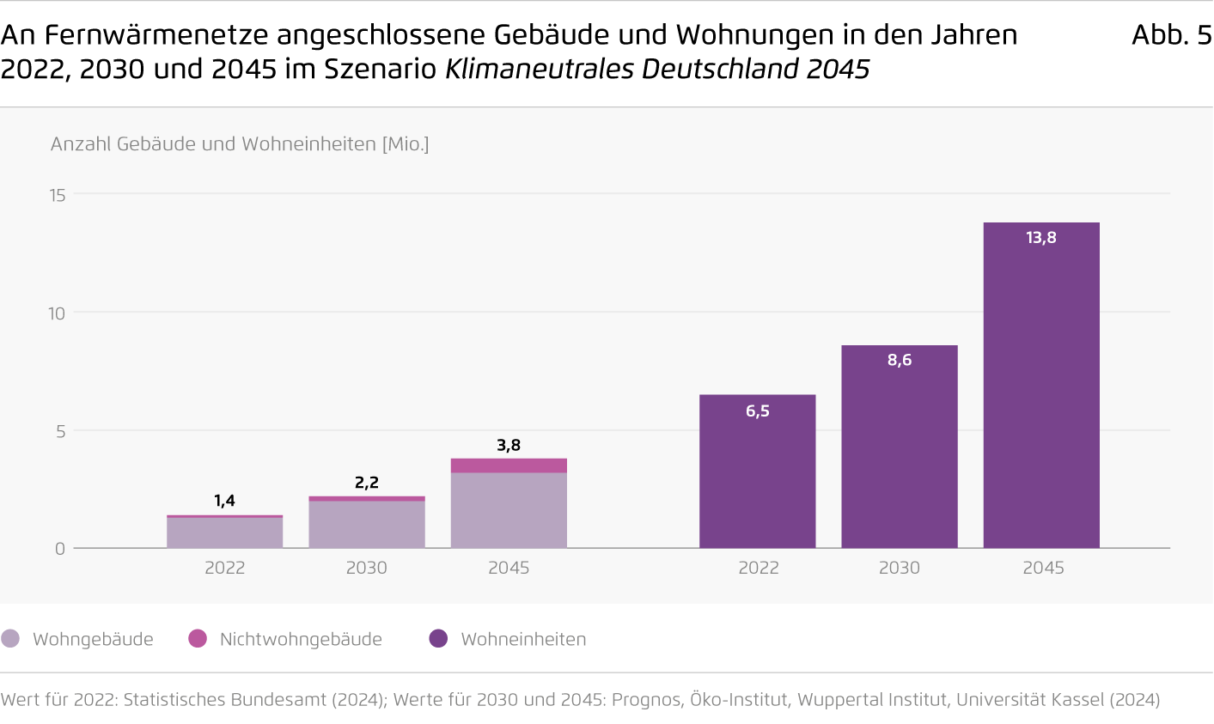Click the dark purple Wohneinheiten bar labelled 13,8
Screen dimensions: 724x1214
click(x=1041, y=386)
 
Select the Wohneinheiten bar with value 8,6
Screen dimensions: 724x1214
click(x=900, y=447)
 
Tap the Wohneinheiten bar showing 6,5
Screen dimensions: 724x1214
click(x=758, y=472)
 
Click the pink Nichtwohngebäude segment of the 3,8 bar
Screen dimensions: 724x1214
click(x=509, y=465)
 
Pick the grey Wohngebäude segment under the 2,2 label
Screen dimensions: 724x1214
click(x=367, y=524)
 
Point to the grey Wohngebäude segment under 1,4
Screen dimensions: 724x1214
click(x=225, y=532)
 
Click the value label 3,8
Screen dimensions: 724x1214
click(x=509, y=445)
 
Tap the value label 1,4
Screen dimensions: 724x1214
click(x=225, y=501)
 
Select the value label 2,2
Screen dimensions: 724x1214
click(x=367, y=483)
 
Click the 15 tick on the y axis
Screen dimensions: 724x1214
click(x=57, y=195)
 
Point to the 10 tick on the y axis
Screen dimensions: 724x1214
click(x=57, y=313)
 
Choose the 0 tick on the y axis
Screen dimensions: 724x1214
click(x=60, y=549)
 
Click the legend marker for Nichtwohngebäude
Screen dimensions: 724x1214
click(x=198, y=638)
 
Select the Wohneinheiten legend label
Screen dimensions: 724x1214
click(x=523, y=639)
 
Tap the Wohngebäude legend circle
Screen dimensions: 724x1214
click(x=10, y=638)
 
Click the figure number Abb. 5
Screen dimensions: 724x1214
click(x=1171, y=34)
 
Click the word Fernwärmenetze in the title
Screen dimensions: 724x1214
click(x=156, y=34)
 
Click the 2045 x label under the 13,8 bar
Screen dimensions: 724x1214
click(x=1043, y=568)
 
